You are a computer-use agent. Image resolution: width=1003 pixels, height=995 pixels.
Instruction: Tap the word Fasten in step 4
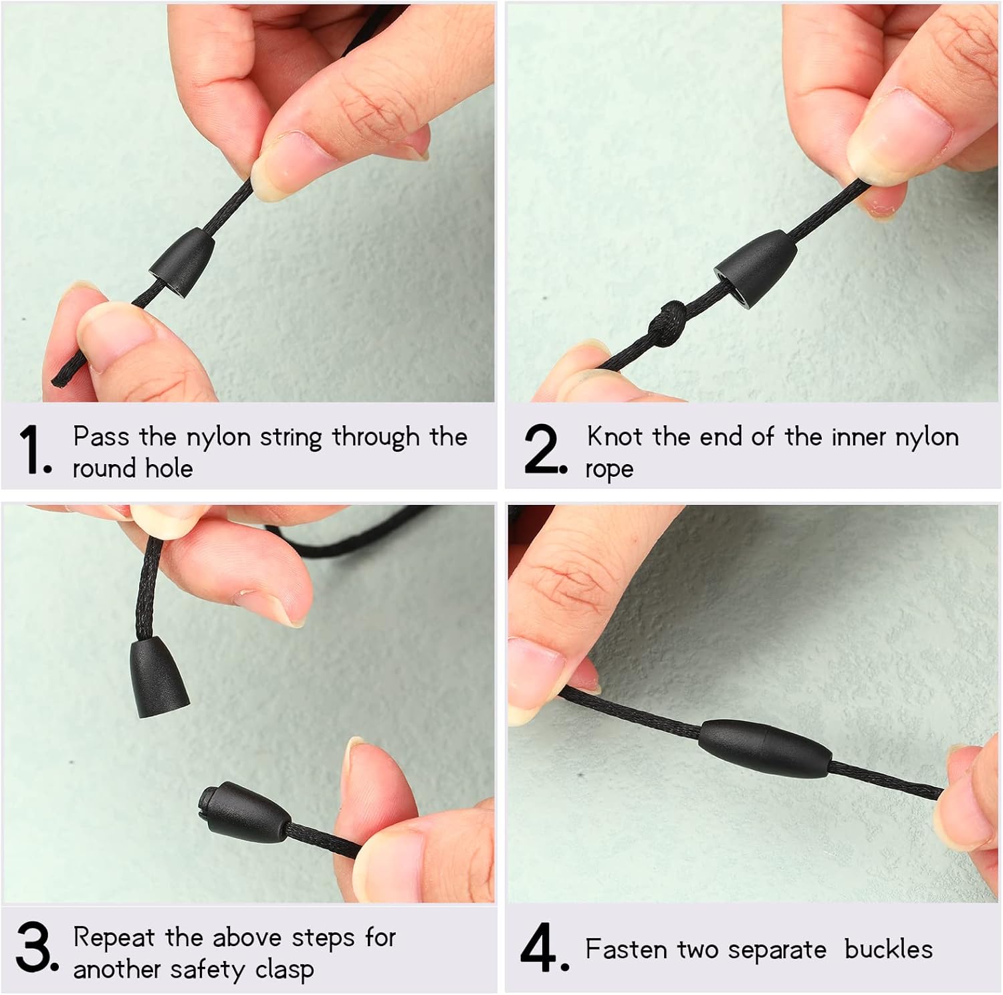tap(626, 950)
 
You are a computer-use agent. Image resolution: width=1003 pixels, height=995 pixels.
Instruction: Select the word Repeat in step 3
tap(114, 937)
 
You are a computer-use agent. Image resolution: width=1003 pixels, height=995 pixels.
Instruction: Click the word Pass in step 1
tap(100, 437)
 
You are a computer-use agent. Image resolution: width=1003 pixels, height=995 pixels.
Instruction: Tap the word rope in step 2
tap(609, 469)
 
